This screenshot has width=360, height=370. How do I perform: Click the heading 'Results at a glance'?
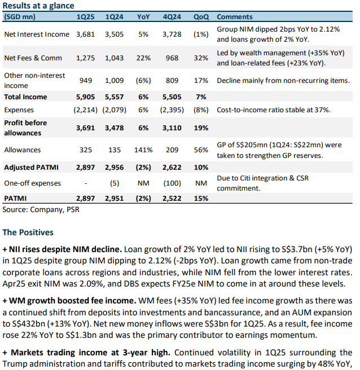pos(38,6)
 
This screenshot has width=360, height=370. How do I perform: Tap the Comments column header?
pos(235,16)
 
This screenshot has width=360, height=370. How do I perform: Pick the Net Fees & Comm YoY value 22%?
pos(143,58)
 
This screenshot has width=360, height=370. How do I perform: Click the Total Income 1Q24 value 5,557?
pos(115,97)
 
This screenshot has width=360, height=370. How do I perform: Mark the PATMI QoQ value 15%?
pos(201,199)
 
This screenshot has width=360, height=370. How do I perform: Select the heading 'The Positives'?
pos(28,232)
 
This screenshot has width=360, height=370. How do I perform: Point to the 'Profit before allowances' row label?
pos(26,127)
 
